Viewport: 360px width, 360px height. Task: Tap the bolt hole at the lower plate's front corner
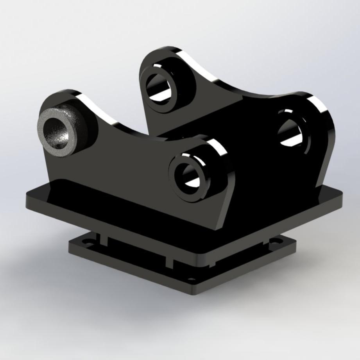click(x=192, y=279)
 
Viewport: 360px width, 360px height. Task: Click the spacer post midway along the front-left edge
click(x=169, y=261)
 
